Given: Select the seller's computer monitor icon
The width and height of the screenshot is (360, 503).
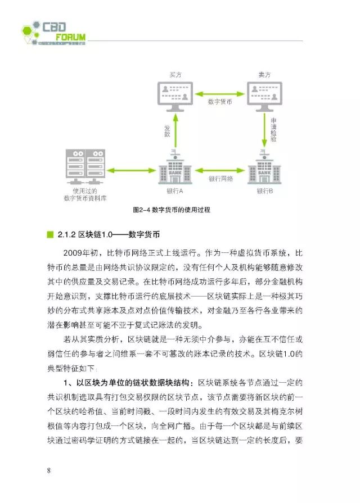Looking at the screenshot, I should click(x=264, y=95).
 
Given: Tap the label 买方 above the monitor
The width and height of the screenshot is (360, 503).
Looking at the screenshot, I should click(x=175, y=75).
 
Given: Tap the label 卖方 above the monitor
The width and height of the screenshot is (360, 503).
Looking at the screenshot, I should click(x=264, y=75).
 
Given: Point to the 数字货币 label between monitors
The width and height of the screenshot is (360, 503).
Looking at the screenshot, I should click(x=219, y=103).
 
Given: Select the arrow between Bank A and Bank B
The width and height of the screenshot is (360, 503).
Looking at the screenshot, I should click(x=219, y=170).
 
